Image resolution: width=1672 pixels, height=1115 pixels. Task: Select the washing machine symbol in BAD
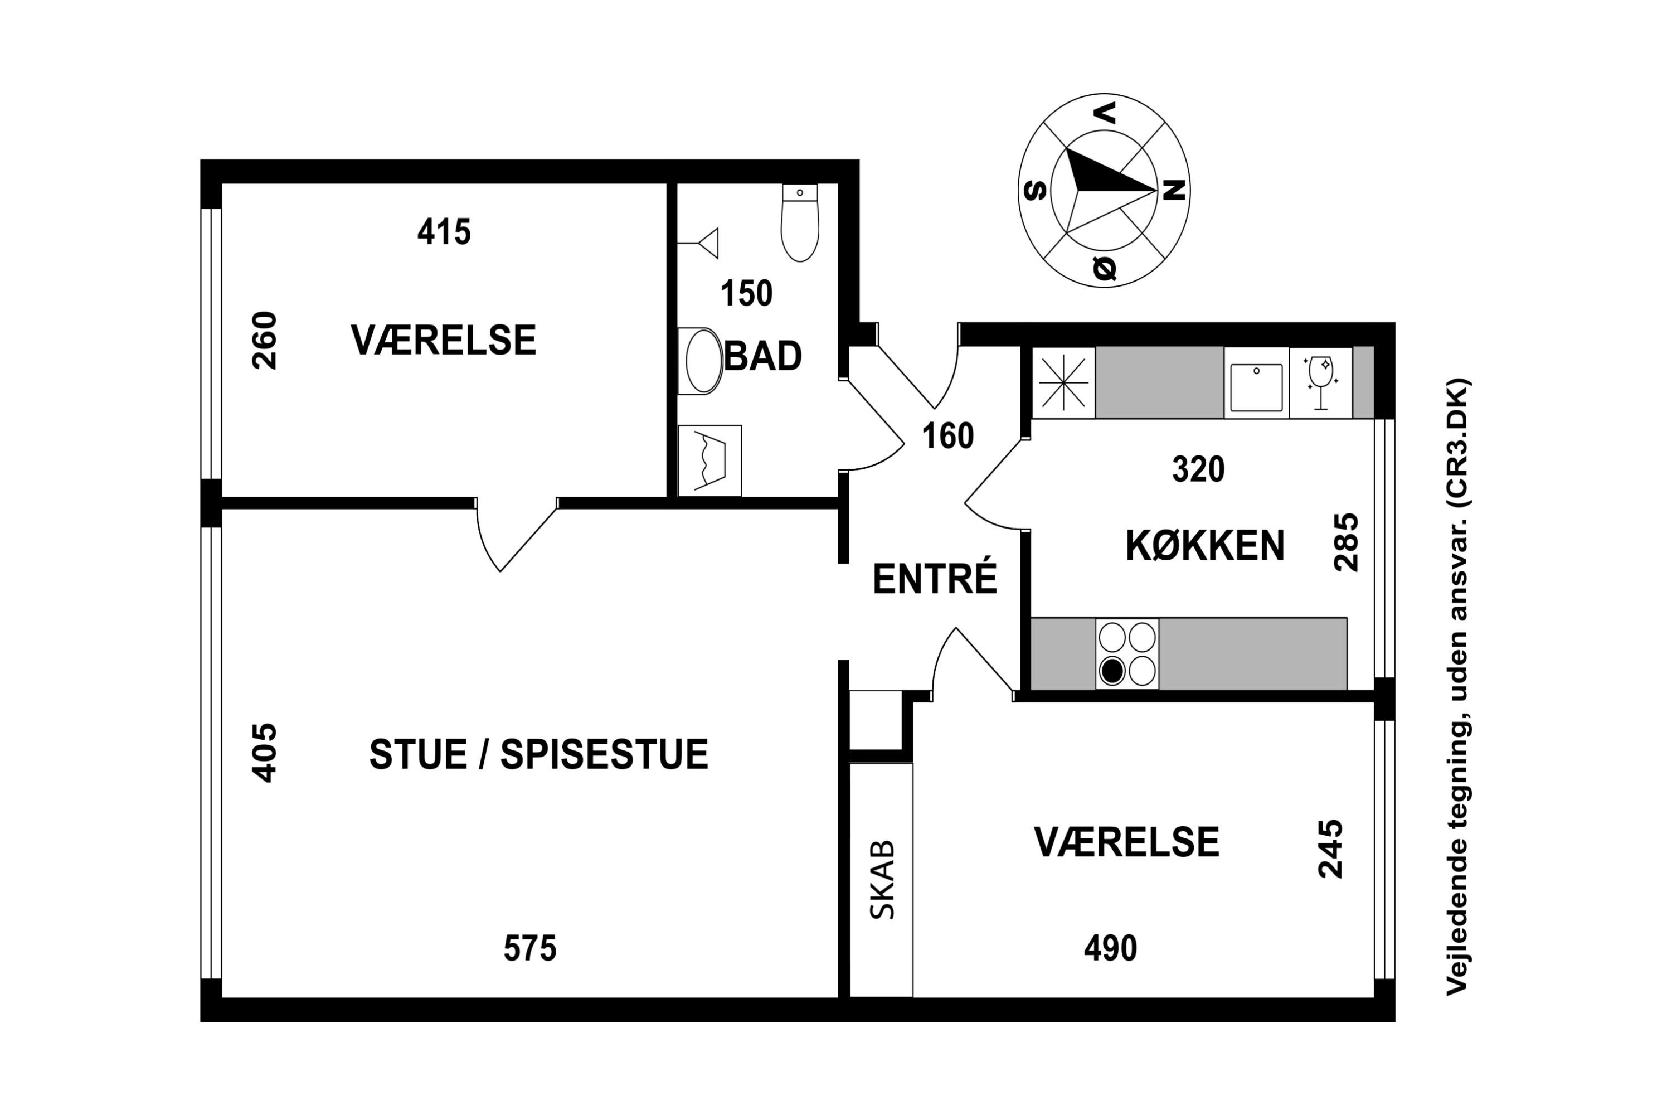pos(709,461)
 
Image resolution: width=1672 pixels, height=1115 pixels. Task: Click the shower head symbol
pos(707,243)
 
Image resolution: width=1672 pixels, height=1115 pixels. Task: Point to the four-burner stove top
pos(1127,654)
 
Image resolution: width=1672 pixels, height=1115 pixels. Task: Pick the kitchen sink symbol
pos(1256,387)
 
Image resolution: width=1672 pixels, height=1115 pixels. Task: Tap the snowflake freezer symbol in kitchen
pos(1063,382)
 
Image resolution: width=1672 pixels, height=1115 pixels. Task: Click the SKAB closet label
pos(882,880)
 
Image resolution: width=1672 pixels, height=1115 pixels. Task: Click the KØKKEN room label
pos(1205,546)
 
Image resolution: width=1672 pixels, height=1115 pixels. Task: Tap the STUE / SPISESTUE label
pos(538,754)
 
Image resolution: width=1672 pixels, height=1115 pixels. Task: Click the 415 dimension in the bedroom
pos(444,232)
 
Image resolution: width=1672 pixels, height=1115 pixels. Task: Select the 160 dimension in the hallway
pos(947,436)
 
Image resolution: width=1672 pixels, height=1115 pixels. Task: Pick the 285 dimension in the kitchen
pos(1346,542)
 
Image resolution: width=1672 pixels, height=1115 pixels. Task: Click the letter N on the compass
pos(1174,190)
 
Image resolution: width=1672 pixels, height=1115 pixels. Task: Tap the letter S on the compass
pos(1034,191)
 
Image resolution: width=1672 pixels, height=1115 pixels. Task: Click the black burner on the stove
pos(1112,671)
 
